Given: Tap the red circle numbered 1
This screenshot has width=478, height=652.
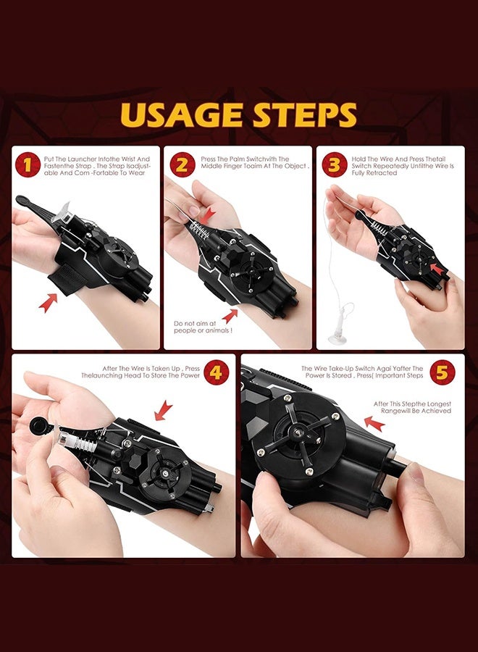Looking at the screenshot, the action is pos(28,164).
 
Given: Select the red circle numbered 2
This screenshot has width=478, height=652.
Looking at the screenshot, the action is pos(182,164).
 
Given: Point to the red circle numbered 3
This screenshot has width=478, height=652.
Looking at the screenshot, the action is pos(334,164).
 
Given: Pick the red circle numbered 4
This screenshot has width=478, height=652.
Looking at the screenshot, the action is pos(216,372).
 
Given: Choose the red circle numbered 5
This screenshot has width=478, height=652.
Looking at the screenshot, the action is pos(443,372).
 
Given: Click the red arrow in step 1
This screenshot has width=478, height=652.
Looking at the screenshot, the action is pos(48,302).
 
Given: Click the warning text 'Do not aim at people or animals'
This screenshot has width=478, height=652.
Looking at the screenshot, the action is pos(203,327).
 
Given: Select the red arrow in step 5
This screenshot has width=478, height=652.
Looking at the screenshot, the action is pos(374,423).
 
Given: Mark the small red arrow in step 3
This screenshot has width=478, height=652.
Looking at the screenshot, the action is pos(436,268).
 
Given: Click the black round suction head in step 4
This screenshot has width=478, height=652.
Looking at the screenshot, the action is pos(38,426).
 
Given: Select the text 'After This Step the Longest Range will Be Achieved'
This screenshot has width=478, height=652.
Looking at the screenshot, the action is pos(412,407).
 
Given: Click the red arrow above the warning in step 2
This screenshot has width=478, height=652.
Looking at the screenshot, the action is pos(230,316).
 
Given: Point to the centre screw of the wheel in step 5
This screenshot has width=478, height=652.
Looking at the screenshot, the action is pos(298,434).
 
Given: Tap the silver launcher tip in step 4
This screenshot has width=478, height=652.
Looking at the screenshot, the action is pos(65,439).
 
